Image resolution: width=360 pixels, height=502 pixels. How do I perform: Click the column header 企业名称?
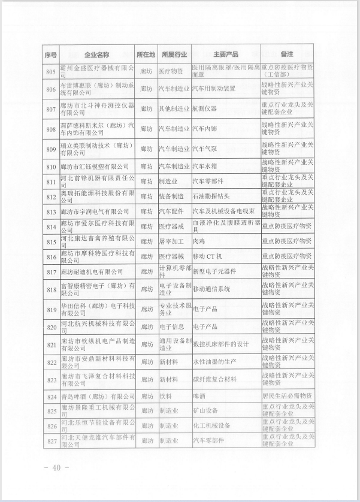tap(95, 55)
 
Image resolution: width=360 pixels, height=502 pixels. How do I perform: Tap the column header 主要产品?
tap(225, 55)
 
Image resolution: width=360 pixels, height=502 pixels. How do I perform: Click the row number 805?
tap(50, 71)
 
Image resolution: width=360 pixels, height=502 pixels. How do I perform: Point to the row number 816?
tap(50, 256)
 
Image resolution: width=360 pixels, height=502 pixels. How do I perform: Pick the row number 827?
tap(50, 440)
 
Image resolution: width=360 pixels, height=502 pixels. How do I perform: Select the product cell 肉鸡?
tap(200, 241)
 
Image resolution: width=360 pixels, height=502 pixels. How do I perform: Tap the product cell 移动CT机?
tap(207, 256)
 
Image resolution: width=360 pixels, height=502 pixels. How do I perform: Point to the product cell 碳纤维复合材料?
tap(214, 380)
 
